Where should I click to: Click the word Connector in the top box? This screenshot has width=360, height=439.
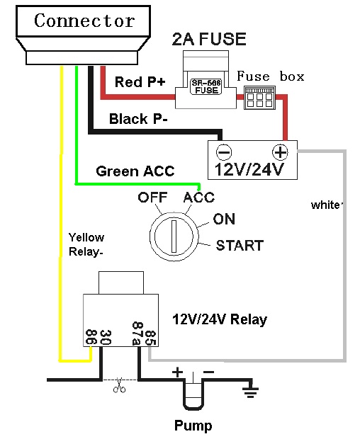click(84, 21)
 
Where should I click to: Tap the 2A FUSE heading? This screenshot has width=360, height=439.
click(209, 39)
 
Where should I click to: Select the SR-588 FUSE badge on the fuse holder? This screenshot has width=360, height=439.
click(206, 86)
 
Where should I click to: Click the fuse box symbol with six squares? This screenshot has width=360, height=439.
click(259, 98)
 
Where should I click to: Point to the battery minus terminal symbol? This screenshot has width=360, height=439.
click(224, 152)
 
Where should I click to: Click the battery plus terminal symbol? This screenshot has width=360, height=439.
click(280, 152)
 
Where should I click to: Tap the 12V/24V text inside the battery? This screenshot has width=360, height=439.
click(249, 169)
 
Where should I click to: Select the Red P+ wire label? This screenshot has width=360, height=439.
click(140, 82)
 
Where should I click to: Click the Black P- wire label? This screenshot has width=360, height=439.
click(138, 119)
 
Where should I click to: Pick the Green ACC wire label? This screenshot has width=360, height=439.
click(135, 171)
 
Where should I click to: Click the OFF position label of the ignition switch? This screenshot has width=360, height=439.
click(152, 198)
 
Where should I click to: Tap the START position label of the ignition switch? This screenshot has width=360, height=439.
click(240, 246)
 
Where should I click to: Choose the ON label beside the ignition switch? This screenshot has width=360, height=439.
click(224, 219)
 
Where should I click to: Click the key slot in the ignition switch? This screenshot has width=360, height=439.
click(174, 236)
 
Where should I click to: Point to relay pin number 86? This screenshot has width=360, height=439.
click(91, 337)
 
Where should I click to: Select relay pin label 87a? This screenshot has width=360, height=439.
click(137, 333)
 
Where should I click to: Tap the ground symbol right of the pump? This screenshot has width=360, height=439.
click(250, 389)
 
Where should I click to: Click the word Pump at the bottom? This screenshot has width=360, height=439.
click(193, 426)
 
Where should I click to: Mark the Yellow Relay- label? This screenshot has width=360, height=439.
click(86, 245)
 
